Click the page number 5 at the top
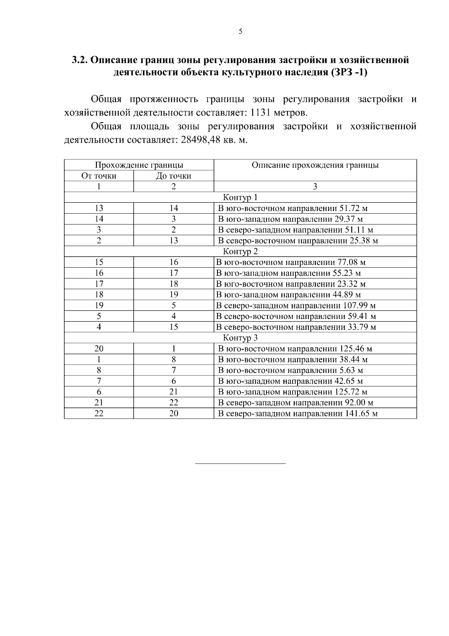click(x=240, y=31)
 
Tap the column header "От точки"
click(x=99, y=176)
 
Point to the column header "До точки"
click(x=174, y=176)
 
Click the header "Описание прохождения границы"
click(x=315, y=165)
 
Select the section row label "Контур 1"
click(x=240, y=198)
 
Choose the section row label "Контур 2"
click(x=240, y=251)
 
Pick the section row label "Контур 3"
click(x=240, y=338)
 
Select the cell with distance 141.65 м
click(x=298, y=413)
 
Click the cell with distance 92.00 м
click(x=296, y=403)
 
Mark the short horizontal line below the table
click(x=240, y=464)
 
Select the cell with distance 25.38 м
click(x=298, y=241)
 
